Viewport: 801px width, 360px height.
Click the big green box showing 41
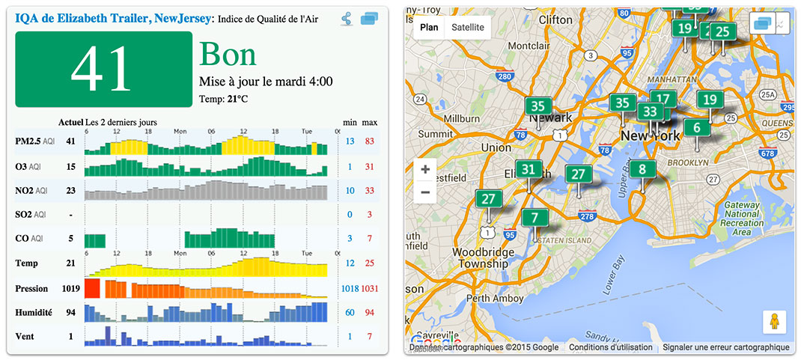coord(103,69)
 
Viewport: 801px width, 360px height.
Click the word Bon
coord(228,54)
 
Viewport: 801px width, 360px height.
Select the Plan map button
coord(430,28)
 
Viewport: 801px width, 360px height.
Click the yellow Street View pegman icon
coord(774,322)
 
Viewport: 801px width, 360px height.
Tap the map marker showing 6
coord(697,128)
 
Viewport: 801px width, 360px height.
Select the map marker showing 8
coord(642,170)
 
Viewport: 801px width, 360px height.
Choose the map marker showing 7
coord(534,219)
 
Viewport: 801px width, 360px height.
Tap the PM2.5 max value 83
coord(369,141)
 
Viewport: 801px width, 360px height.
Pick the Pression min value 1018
coord(350,288)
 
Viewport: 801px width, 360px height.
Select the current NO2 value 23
coord(70,190)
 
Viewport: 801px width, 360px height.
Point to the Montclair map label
coord(529,46)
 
